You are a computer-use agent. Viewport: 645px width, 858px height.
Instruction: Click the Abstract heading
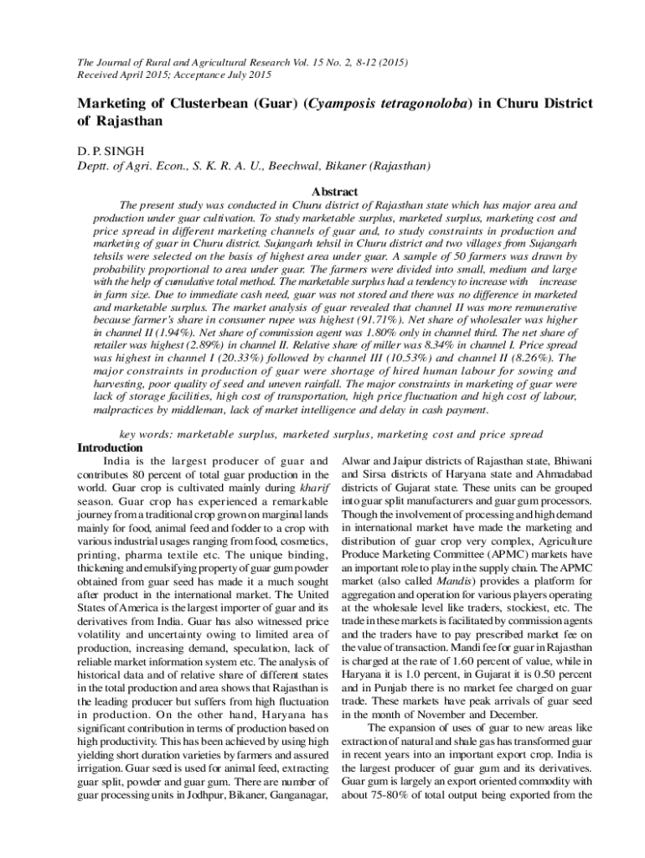(x=334, y=192)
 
